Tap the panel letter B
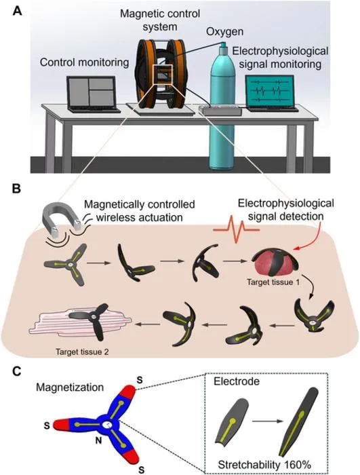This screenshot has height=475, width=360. pos(16,189)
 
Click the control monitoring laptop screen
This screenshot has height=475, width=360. pos(92,92)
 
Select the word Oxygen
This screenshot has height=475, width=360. pos(225,31)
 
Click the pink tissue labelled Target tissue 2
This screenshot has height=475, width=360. pos(79,326)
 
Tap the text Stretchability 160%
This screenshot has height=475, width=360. pos(264,464)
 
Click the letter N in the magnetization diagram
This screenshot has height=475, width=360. pos(98,440)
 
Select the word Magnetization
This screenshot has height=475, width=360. pos(70,387)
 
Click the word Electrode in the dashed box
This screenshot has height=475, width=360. pos(237,381)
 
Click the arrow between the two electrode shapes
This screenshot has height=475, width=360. pos(267,421)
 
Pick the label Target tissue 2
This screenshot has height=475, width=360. pos(82,351)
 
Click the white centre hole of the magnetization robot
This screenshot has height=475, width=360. pos(106,425)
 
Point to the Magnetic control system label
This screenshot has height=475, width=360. pos(160,20)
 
